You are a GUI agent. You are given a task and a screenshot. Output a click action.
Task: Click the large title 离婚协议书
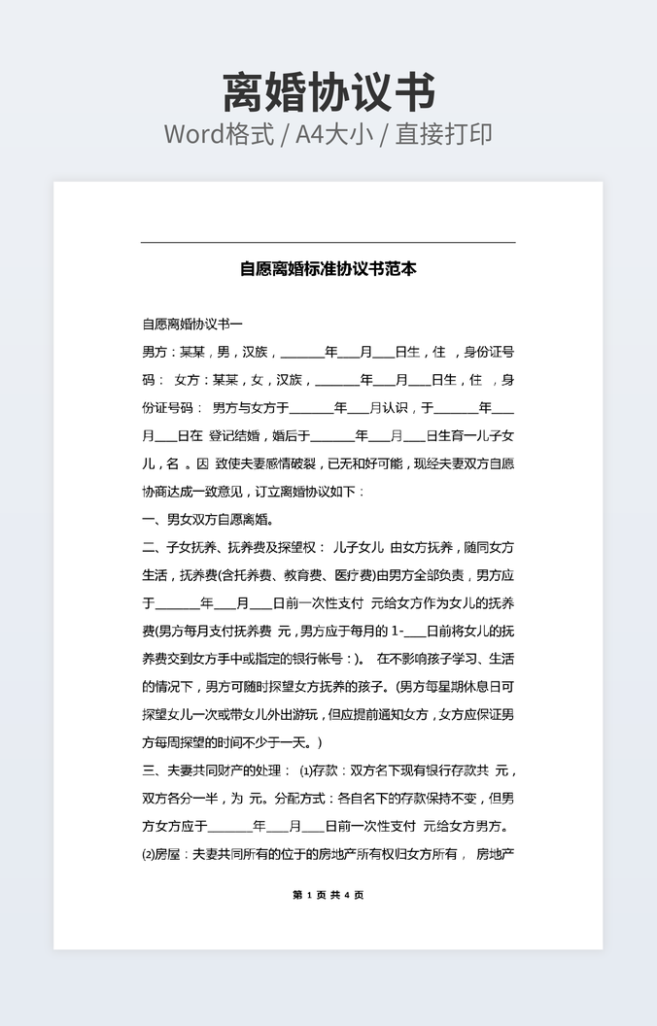coord(328,92)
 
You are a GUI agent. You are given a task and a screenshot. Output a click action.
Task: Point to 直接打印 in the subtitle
coord(444,134)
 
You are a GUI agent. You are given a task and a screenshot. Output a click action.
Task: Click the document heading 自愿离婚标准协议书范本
coord(328,269)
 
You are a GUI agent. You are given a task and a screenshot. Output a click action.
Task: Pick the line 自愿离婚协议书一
coord(192,324)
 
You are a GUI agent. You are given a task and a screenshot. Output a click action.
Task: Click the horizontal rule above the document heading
coord(328,242)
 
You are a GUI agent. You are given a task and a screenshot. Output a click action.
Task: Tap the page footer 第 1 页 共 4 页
coord(328,895)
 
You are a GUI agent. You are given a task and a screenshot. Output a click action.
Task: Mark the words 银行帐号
coord(310,659)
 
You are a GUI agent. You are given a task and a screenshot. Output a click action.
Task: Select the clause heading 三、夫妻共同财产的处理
coord(214,771)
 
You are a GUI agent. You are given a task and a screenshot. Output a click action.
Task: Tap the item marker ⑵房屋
coord(161,855)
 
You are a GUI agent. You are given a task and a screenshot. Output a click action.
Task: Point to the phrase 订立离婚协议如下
coord(306,492)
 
